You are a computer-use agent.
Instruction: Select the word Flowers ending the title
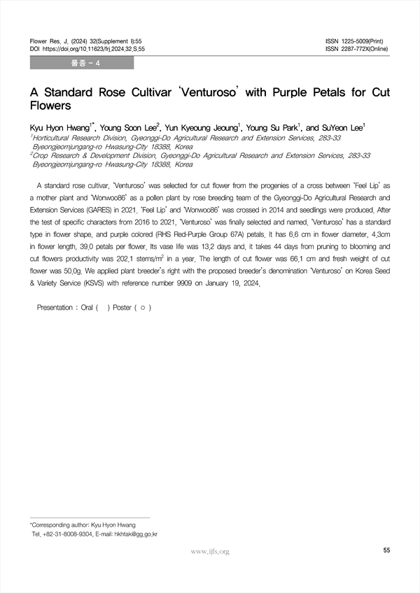pyautogui.click(x=51, y=106)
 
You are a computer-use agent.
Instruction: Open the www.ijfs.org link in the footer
pyautogui.click(x=210, y=552)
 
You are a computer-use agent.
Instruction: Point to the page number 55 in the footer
pyautogui.click(x=386, y=551)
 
